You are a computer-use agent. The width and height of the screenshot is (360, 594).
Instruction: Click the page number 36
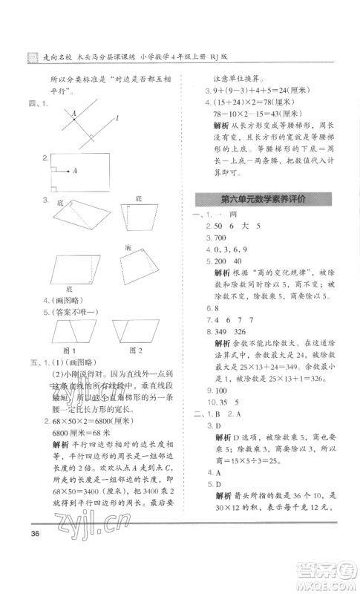click(31, 535)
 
